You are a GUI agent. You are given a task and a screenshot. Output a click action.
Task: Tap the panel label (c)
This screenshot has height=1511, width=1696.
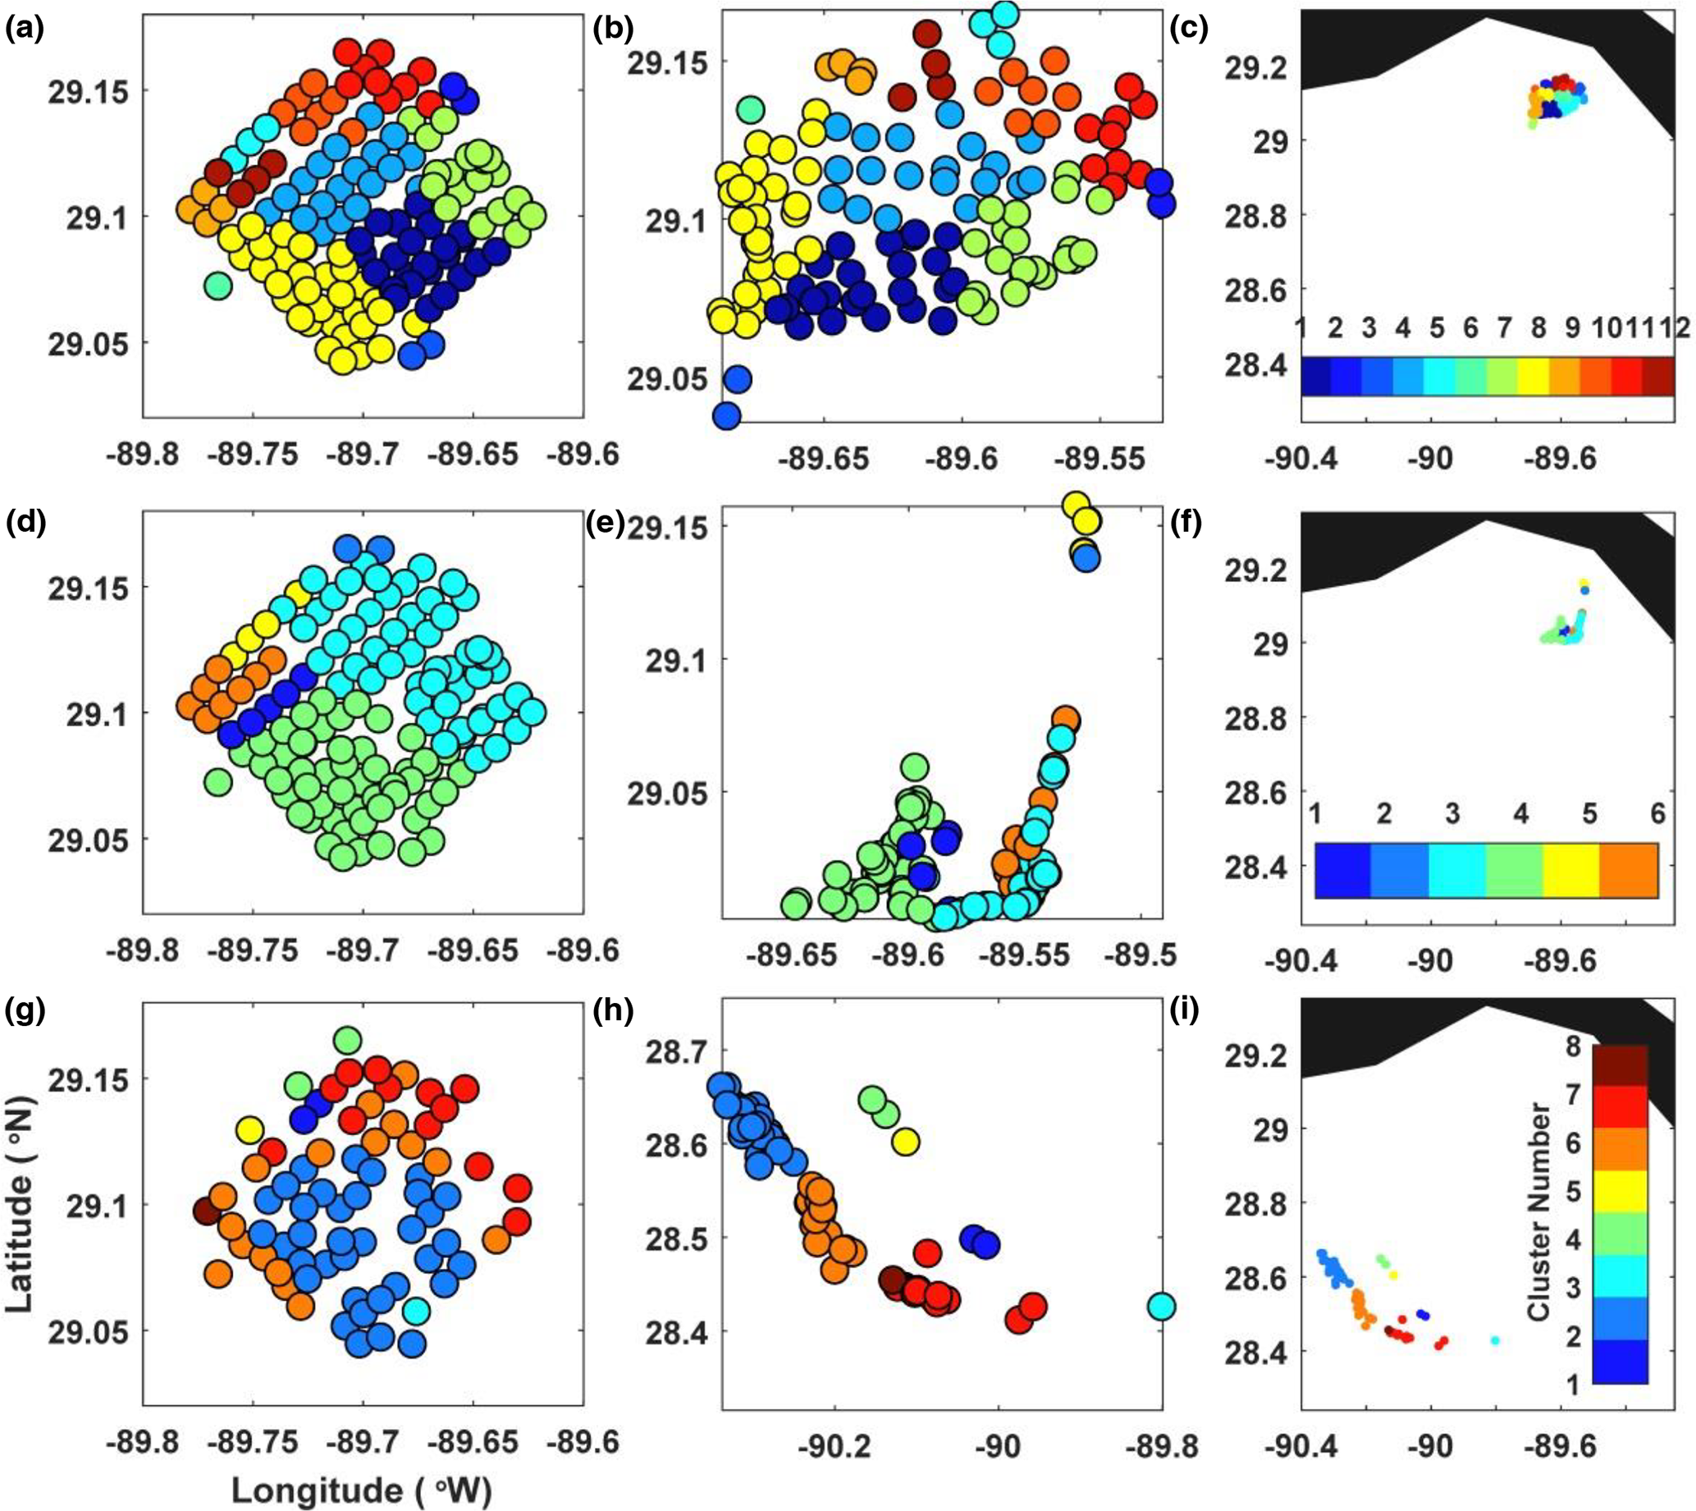coord(1188,30)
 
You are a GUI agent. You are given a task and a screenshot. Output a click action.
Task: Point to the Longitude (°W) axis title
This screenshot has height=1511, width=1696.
coord(361,1490)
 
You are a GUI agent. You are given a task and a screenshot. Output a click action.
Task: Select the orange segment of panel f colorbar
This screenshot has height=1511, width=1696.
coord(1629,870)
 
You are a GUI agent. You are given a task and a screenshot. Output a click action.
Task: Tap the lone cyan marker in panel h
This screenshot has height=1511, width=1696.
coord(1161,1307)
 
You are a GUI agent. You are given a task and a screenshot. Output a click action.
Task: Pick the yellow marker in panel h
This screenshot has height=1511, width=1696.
coord(906,1142)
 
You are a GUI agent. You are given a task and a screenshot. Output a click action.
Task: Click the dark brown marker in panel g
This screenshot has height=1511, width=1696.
coord(206,1211)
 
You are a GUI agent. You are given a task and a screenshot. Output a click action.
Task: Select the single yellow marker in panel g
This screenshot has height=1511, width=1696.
coord(250,1129)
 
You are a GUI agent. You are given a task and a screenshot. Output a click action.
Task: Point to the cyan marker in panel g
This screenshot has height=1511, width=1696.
coord(417,1310)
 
